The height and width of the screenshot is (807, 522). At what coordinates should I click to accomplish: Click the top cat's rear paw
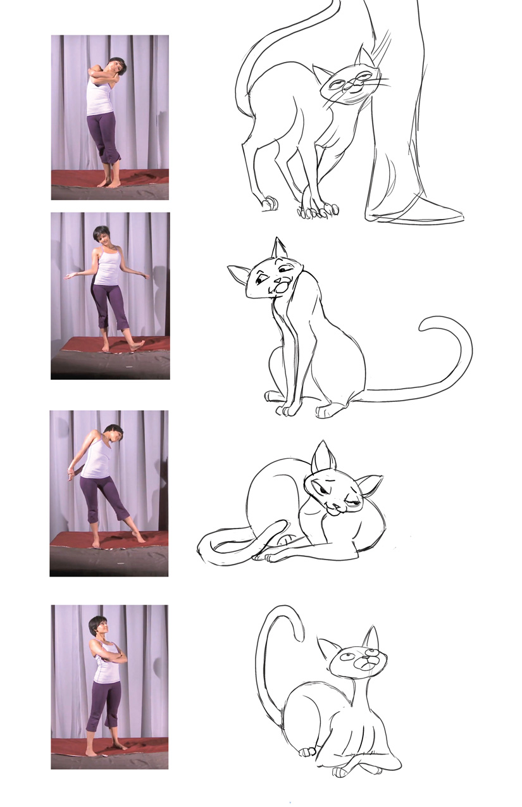pos(270,203)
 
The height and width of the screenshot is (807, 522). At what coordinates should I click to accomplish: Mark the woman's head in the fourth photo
pos(97,626)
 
